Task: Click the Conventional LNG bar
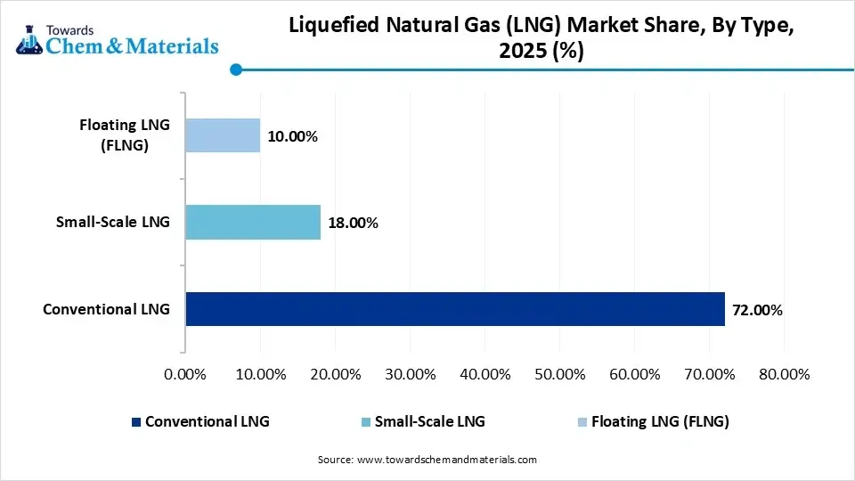click(454, 309)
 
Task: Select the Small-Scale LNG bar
click(253, 222)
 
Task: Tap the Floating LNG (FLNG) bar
click(223, 135)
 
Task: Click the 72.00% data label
click(757, 310)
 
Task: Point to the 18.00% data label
click(353, 223)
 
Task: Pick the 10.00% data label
click(292, 136)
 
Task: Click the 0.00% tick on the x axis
click(185, 373)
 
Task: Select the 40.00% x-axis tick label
click(484, 373)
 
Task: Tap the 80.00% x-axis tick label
click(784, 373)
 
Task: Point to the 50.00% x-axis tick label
click(559, 373)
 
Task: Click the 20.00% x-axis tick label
click(335, 373)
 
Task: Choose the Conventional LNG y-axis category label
click(106, 310)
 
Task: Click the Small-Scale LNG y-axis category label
click(113, 223)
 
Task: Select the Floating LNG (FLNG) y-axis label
click(124, 135)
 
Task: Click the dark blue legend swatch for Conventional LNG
click(135, 422)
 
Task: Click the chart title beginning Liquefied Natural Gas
click(541, 39)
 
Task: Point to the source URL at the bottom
click(427, 460)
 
